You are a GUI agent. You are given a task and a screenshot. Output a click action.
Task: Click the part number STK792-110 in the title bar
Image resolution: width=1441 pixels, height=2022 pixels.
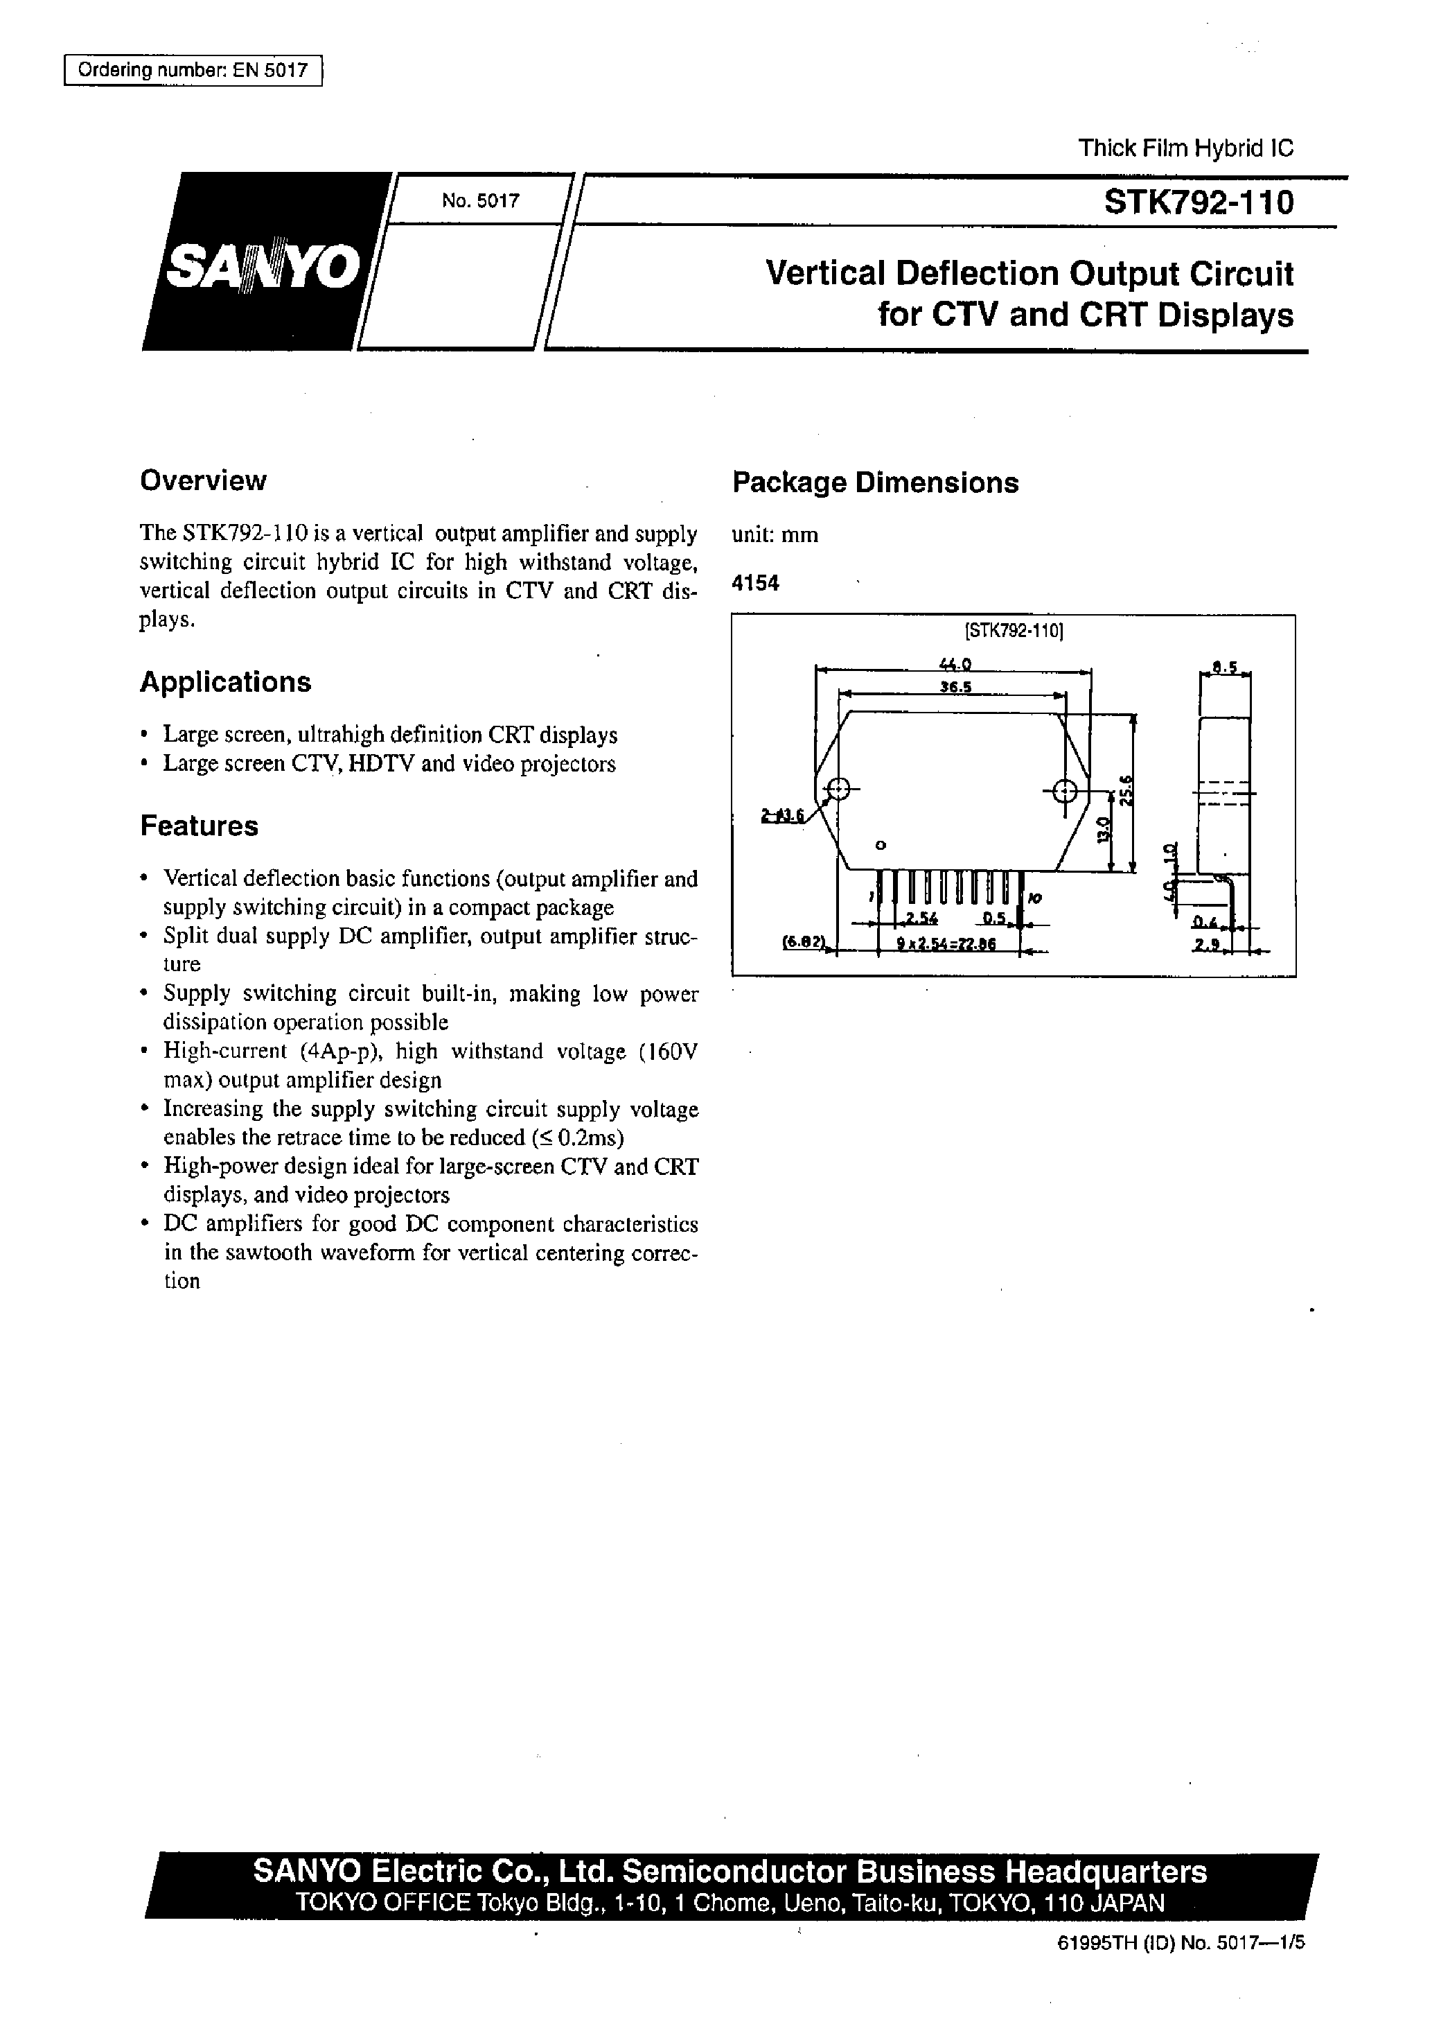(x=1198, y=203)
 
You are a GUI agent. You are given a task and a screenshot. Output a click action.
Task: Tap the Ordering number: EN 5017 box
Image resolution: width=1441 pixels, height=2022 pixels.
(x=193, y=70)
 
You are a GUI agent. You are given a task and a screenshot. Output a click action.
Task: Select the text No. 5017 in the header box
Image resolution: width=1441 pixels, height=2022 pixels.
(x=480, y=200)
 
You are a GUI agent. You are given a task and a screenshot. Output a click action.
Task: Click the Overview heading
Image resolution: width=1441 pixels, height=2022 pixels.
(x=202, y=480)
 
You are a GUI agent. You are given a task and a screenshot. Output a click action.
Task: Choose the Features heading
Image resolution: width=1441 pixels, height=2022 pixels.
(x=199, y=826)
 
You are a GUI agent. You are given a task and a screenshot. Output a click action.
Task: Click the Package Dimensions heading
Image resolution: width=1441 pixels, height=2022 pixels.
(x=875, y=483)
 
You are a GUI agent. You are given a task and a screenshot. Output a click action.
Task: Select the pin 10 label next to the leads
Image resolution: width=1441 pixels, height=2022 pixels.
(x=1034, y=899)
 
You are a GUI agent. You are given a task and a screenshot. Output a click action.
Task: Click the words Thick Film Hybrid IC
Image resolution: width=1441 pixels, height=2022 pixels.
(x=1185, y=148)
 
